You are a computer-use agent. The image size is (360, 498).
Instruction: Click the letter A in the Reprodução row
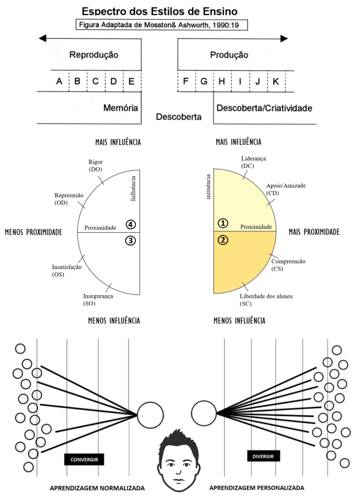60,81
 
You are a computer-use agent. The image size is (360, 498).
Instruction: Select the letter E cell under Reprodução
132,81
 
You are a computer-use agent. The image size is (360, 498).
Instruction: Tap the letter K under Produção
276,81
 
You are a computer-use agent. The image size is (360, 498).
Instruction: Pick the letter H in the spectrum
222,81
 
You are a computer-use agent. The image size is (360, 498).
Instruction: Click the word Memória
121,108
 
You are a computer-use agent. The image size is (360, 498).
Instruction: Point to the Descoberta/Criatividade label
264,108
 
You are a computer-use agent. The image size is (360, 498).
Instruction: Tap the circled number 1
223,222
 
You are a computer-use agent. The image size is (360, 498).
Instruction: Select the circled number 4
130,224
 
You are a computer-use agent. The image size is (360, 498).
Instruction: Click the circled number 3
130,241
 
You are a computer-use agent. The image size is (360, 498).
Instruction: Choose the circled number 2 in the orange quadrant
223,240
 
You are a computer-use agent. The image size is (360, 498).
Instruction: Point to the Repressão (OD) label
69,199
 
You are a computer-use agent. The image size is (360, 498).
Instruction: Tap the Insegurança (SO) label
97,299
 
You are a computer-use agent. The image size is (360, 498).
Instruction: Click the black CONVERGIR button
84,459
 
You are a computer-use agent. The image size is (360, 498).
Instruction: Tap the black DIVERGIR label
264,456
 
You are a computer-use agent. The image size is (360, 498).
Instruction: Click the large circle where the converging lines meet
150,414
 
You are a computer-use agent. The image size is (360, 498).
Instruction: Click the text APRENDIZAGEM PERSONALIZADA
257,487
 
